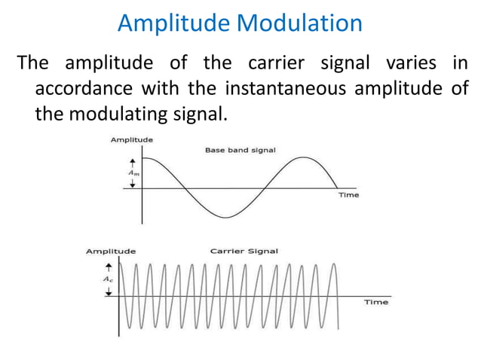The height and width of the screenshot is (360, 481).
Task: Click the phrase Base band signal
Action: coord(240,150)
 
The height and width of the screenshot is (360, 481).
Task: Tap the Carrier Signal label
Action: coord(244,251)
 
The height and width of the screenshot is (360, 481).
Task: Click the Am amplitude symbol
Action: coord(133,172)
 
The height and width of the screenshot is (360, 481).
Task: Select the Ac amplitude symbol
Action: coord(109,278)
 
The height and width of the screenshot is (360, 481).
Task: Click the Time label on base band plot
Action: coord(348,195)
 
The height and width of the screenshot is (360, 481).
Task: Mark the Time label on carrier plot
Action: coord(376,302)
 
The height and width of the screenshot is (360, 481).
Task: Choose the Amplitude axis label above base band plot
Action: coord(132,139)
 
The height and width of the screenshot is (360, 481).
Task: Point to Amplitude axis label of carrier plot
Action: coord(111,251)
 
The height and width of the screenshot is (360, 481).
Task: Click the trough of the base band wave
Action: coord(224,218)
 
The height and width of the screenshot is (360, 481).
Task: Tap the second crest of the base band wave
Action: coord(303,157)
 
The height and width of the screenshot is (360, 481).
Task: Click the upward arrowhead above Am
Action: coord(133,161)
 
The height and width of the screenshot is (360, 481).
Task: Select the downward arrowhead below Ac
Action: coord(109,292)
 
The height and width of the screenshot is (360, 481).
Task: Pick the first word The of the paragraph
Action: coord(34,63)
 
